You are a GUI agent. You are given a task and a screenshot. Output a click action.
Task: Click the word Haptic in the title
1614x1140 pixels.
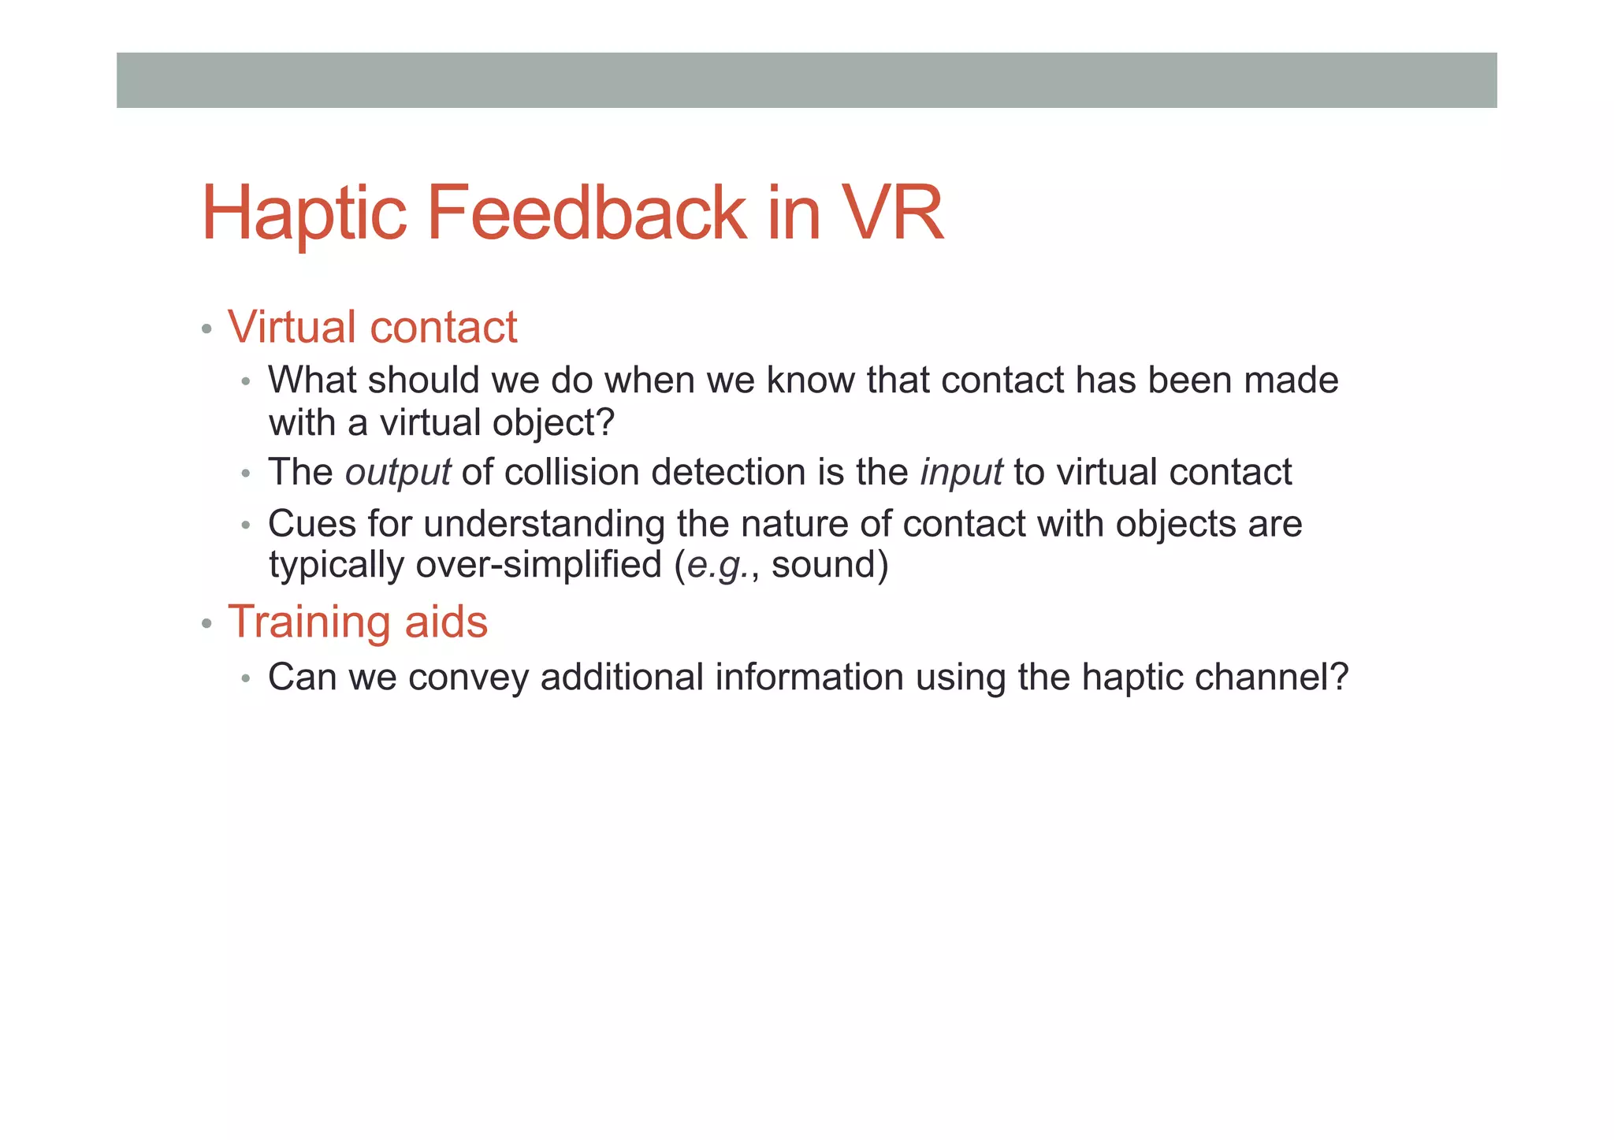click(304, 213)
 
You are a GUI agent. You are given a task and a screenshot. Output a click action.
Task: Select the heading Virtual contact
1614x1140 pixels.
click(372, 327)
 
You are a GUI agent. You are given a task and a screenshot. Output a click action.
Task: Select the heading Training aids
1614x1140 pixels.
click(358, 622)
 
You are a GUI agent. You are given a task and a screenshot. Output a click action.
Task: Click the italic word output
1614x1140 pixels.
click(398, 473)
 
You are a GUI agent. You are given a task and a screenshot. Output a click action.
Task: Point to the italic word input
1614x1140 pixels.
click(961, 473)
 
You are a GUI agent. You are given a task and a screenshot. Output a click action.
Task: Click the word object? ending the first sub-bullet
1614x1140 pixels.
click(552, 423)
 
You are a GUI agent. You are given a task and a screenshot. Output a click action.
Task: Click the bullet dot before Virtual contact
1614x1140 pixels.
click(206, 329)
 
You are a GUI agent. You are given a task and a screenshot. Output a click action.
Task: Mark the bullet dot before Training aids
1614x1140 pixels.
click(206, 624)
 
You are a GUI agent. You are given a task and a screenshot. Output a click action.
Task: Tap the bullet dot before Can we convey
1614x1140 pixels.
click(246, 678)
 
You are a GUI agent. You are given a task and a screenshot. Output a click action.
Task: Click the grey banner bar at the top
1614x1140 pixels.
click(806, 80)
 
